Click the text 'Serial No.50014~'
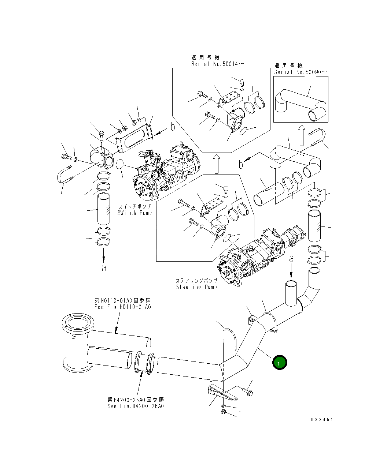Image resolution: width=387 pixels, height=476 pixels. (x=217, y=64)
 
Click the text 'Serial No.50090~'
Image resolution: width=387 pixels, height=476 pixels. (x=300, y=72)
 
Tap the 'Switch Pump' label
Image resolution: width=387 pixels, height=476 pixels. (x=134, y=213)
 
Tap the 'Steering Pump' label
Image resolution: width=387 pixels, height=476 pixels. (x=196, y=286)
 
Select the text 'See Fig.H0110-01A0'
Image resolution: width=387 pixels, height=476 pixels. (x=122, y=307)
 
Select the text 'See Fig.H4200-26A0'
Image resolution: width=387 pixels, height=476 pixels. (x=136, y=406)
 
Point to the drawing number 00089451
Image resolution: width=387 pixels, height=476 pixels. (x=318, y=420)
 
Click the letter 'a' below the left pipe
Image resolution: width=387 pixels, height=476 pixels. (x=104, y=268)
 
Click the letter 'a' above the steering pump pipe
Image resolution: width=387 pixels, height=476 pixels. (x=291, y=259)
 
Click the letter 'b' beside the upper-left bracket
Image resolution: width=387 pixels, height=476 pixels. (x=172, y=127)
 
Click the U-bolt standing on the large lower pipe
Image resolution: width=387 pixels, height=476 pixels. (x=229, y=342)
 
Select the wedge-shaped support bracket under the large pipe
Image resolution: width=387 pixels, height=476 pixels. (x=222, y=394)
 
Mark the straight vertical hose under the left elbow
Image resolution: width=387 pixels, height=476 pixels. (x=103, y=209)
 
